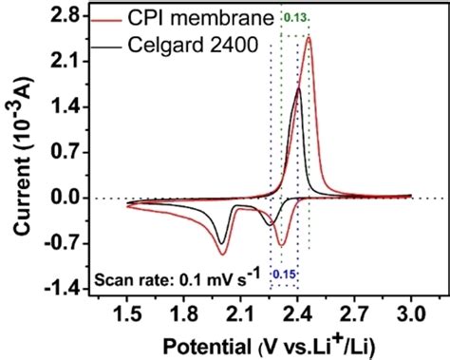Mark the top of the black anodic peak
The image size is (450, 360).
pos(298,88)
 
